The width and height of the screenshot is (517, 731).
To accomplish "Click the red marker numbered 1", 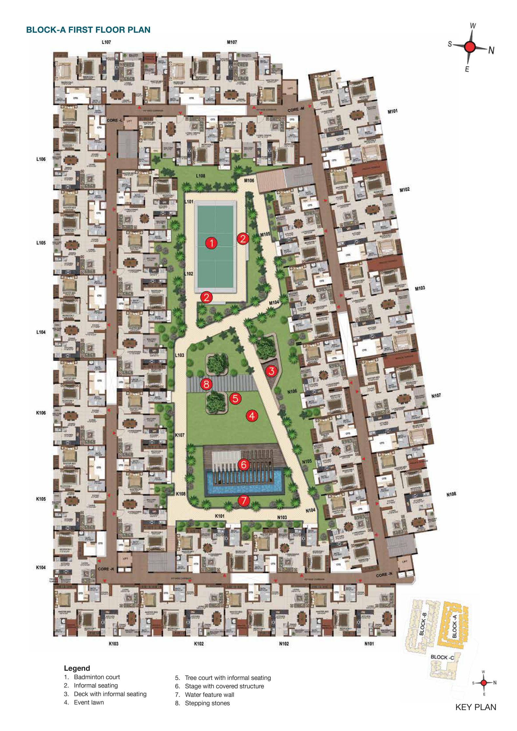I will tap(212, 243).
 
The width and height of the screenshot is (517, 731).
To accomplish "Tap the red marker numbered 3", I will tap(271, 371).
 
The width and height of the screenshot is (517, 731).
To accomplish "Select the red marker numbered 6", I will tap(244, 464).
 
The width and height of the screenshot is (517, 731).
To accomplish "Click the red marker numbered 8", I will tap(206, 384).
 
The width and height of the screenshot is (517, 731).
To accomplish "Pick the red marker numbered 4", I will tap(252, 416).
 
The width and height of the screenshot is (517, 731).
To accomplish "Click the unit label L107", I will tap(106, 42).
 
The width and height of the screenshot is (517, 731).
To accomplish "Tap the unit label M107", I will tap(232, 42).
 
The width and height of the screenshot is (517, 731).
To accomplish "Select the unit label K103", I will tap(113, 644).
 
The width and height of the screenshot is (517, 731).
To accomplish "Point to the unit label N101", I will tap(369, 644).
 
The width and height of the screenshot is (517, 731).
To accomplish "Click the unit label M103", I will tap(420, 288).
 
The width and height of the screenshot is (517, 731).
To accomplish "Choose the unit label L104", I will tap(41, 332).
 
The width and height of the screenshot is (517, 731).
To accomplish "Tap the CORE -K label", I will tap(106, 569).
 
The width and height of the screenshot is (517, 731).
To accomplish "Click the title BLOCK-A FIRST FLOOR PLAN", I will tap(88, 30).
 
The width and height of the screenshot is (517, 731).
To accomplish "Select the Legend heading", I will tap(77, 668).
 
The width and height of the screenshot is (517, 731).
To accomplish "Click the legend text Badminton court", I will tap(97, 677).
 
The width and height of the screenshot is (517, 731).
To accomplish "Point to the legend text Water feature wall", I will tap(209, 695).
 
